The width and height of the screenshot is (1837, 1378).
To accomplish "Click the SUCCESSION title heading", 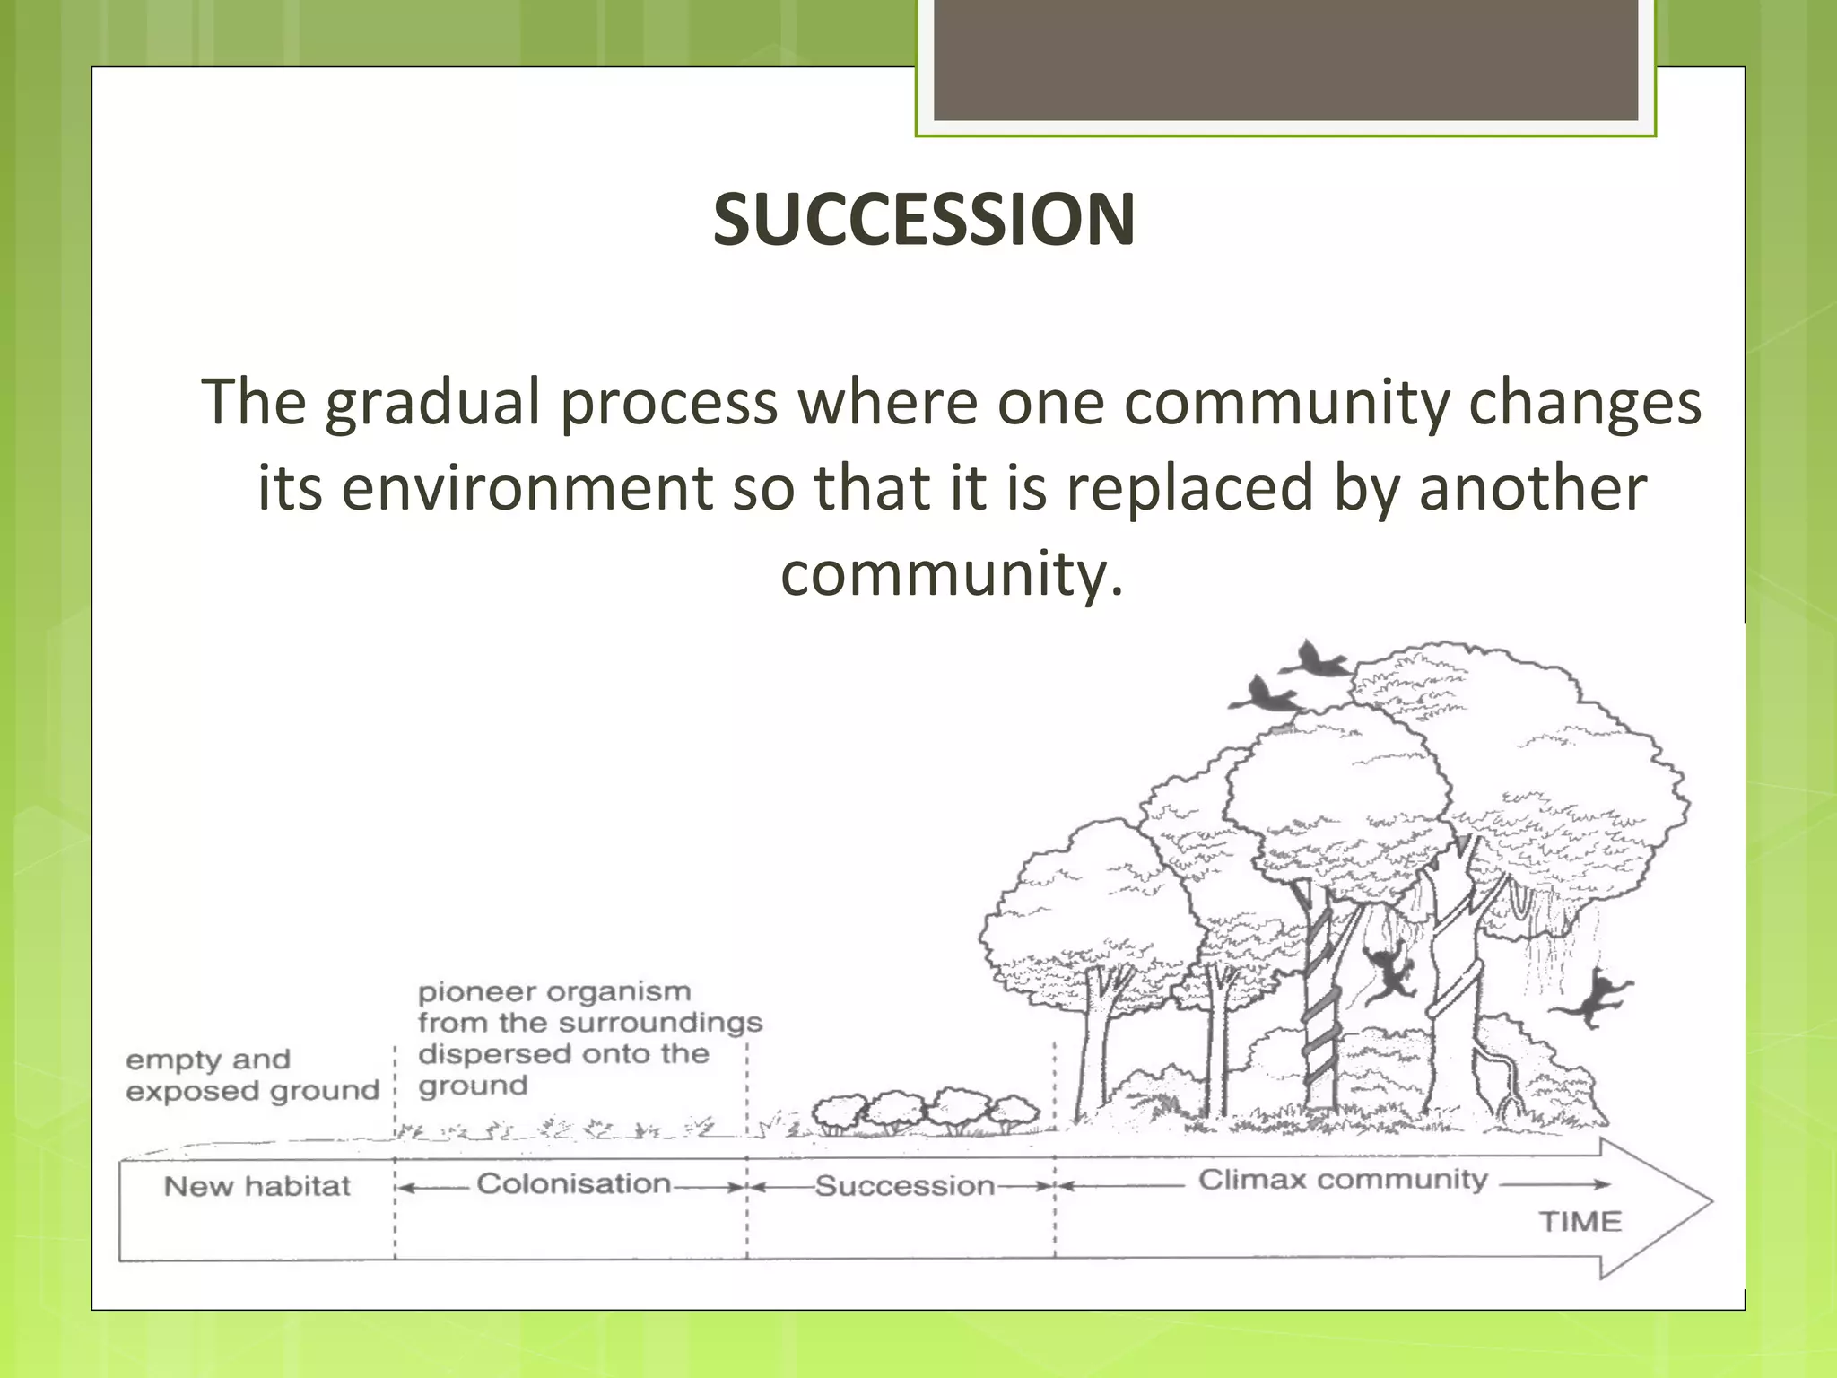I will [x=924, y=221].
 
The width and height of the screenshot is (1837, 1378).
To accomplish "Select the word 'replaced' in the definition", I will [x=1188, y=489].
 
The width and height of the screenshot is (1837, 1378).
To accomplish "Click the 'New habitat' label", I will [x=257, y=1187].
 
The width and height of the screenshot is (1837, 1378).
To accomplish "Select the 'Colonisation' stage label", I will [x=573, y=1184].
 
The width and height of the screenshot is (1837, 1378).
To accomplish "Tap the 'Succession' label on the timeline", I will [x=904, y=1187].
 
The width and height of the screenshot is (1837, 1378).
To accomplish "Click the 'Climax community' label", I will [x=1343, y=1180].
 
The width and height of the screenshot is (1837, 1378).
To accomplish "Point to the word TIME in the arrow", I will [x=1580, y=1222].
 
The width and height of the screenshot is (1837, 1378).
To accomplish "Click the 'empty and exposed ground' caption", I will [x=252, y=1076].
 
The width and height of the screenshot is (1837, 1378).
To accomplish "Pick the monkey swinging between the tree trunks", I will [x=1389, y=973].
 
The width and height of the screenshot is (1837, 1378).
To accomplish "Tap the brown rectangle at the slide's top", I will [x=1285, y=60].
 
